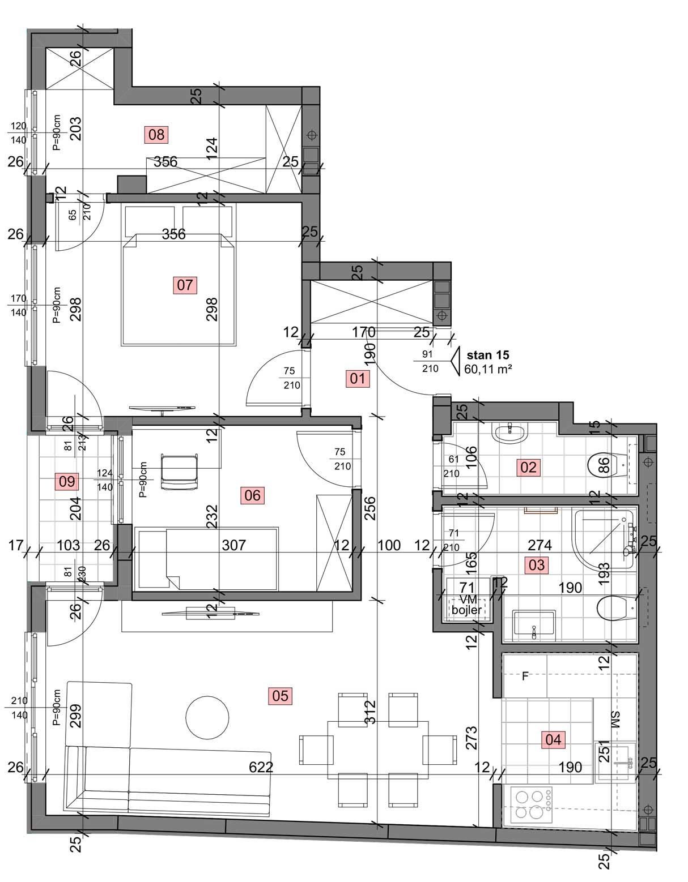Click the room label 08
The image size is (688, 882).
pyautogui.click(x=156, y=134)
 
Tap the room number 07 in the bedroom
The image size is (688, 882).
pyautogui.click(x=185, y=285)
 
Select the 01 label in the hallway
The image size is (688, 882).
pyautogui.click(x=358, y=379)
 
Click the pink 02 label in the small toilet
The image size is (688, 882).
pyautogui.click(x=528, y=468)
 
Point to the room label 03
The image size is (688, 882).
pyautogui.click(x=537, y=565)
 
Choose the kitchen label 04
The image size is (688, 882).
pyautogui.click(x=553, y=739)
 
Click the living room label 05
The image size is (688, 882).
pyautogui.click(x=280, y=696)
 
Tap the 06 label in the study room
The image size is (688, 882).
pyautogui.click(x=253, y=495)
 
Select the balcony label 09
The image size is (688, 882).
pyautogui.click(x=67, y=481)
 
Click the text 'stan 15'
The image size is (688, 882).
pyautogui.click(x=488, y=355)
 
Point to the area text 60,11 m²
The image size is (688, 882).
pyautogui.click(x=488, y=369)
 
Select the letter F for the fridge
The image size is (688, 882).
pyautogui.click(x=525, y=676)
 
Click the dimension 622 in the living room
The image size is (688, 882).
pyautogui.click(x=261, y=767)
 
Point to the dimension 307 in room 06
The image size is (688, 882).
pyautogui.click(x=234, y=545)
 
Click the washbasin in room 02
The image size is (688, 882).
pyautogui.click(x=509, y=433)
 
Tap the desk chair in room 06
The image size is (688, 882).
pyautogui.click(x=179, y=472)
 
